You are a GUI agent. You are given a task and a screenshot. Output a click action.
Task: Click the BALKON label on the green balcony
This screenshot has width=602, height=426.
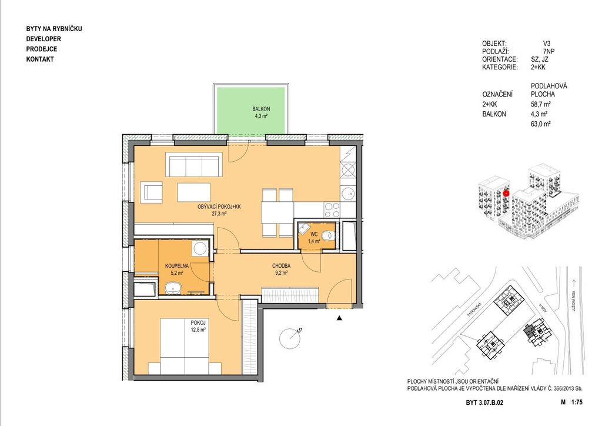click(x=261, y=109)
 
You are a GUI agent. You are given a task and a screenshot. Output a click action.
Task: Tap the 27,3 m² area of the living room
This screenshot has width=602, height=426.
click(x=219, y=214)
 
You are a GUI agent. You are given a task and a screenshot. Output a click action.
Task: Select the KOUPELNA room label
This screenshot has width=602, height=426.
click(x=176, y=266)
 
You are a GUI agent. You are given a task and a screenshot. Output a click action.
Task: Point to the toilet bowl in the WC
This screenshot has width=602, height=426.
click(x=327, y=235)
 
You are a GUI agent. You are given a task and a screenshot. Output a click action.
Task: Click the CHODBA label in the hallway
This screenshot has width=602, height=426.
click(x=281, y=266)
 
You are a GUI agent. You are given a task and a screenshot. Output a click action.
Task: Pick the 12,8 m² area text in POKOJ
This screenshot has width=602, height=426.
click(x=198, y=330)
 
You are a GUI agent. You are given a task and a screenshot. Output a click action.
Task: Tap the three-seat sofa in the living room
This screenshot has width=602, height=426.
click(x=194, y=165)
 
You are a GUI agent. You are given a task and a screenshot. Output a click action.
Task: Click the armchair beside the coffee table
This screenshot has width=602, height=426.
click(x=153, y=193)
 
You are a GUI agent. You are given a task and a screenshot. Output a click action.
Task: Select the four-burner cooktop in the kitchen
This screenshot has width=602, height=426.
click(x=332, y=209)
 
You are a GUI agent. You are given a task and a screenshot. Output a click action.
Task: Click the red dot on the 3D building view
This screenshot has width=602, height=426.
click(x=506, y=194)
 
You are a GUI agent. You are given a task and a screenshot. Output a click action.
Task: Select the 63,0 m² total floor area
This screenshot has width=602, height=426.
click(x=541, y=124)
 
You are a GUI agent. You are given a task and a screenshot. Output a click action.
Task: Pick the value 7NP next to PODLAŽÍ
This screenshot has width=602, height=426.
click(x=549, y=51)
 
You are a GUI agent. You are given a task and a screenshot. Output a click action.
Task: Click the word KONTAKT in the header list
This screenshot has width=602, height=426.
click(x=40, y=59)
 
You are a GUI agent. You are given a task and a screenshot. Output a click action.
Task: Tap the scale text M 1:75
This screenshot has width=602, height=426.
click(x=571, y=402)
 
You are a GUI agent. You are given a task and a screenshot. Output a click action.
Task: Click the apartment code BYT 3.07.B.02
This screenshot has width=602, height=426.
click(x=484, y=402)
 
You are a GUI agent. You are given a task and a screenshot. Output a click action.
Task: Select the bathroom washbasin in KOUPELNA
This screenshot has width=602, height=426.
click(x=173, y=288)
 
